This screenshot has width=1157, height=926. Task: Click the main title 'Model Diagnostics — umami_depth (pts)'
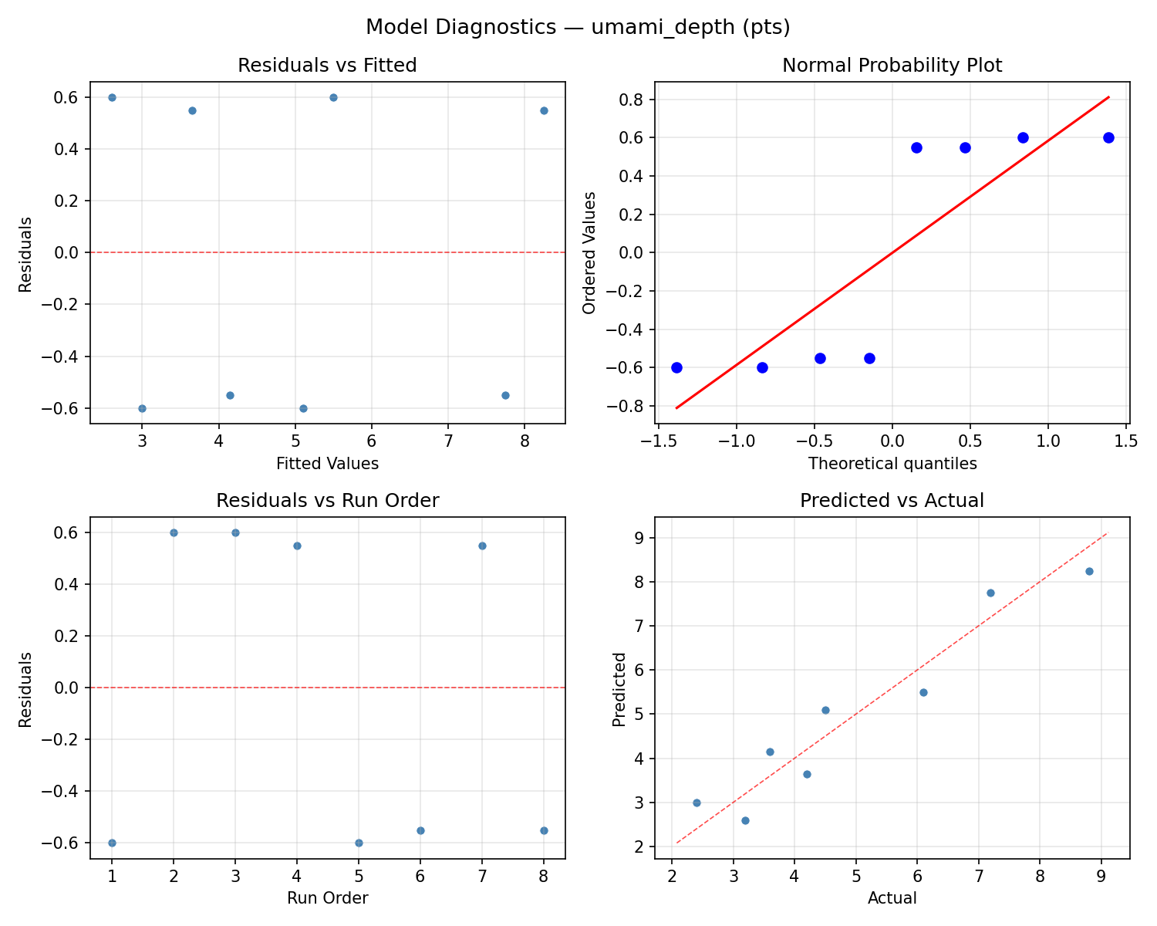coord(578,27)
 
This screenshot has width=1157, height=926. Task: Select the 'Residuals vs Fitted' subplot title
coord(327,66)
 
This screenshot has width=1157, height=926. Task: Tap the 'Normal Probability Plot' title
coord(892,66)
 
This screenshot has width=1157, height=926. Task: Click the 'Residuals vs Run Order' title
coord(327,501)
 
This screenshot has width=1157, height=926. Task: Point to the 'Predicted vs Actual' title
coord(892,501)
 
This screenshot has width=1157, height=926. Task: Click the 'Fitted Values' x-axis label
coord(327,464)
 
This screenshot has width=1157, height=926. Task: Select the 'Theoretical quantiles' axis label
coord(892,464)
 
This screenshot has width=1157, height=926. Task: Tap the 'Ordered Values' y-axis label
coord(589,253)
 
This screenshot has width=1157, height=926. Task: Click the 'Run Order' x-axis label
coord(327,898)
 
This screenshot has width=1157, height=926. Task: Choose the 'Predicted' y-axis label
coord(619,688)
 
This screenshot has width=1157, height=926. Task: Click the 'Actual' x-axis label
coord(892,898)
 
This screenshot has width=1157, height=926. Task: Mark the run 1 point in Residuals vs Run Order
coord(112,843)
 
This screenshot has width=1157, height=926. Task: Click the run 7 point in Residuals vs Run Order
coord(482,546)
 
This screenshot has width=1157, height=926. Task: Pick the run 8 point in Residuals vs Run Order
coord(544,830)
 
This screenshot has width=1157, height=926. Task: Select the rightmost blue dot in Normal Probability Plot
coord(1108,137)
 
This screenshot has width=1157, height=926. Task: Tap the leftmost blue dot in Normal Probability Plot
coord(676,367)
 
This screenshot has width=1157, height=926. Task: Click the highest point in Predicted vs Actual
coord(1089,571)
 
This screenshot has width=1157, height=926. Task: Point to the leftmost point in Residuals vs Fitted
coord(112,97)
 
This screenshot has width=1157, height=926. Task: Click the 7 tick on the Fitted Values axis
coord(448,441)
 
